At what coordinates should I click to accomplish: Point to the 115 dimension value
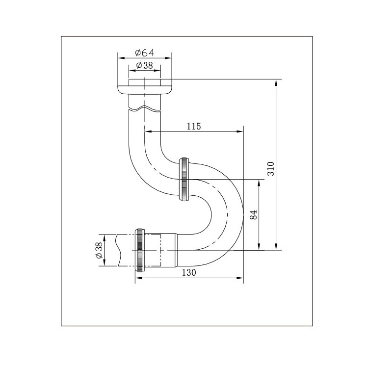click(x=194, y=126)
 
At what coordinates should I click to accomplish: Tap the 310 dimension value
click(x=270, y=168)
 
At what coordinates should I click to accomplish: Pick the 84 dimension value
click(x=253, y=215)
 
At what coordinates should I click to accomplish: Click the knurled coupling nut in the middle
click(x=184, y=179)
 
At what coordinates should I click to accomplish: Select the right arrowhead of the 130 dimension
click(x=240, y=278)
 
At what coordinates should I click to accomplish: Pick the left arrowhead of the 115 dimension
click(x=148, y=131)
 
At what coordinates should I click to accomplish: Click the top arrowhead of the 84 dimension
click(x=259, y=182)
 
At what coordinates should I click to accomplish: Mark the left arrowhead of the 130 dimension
click(x=138, y=278)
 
